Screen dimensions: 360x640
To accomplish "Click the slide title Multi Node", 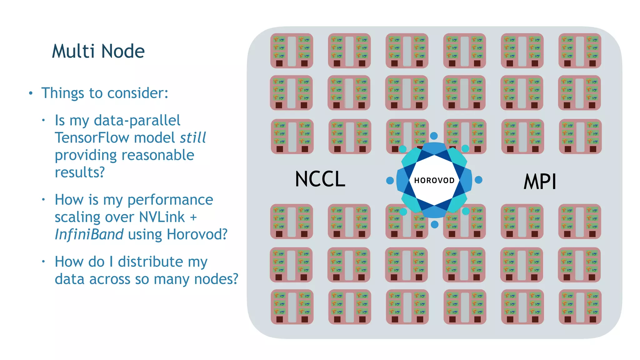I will click(98, 51).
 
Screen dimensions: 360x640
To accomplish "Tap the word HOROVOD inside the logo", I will click(434, 180).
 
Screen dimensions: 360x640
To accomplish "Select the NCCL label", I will click(320, 179).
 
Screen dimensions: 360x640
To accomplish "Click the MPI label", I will click(540, 182).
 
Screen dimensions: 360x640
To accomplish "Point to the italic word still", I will click(193, 137).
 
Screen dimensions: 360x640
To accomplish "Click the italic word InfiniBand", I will click(89, 234).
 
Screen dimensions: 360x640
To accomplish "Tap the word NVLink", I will click(162, 217).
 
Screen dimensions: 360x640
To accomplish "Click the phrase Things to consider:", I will click(105, 93).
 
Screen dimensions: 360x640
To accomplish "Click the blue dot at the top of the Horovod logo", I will click(434, 136).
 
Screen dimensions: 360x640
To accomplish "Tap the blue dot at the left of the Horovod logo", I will click(390, 180).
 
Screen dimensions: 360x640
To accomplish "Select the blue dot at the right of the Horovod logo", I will click(478, 180).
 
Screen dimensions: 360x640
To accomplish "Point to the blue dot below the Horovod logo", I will click(434, 224).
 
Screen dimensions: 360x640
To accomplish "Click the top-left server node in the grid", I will click(292, 51).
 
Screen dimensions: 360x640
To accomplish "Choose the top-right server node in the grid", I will click(580, 51).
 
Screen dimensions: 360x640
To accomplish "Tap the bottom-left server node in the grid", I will click(292, 307).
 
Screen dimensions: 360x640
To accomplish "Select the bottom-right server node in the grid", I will click(580, 307).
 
